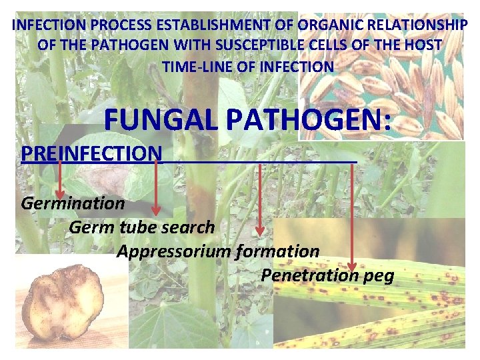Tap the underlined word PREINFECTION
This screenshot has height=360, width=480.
pyautogui.click(x=91, y=153)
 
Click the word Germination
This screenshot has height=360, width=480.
pyautogui.click(x=73, y=202)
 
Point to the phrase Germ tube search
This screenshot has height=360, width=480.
pyautogui.click(x=141, y=227)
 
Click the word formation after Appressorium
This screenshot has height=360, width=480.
pyautogui.click(x=277, y=251)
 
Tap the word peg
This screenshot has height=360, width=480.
pyautogui.click(x=378, y=275)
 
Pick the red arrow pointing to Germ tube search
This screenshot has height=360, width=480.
pyautogui.click(x=156, y=190)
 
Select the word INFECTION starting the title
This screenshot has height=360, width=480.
pyautogui.click(x=45, y=25)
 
